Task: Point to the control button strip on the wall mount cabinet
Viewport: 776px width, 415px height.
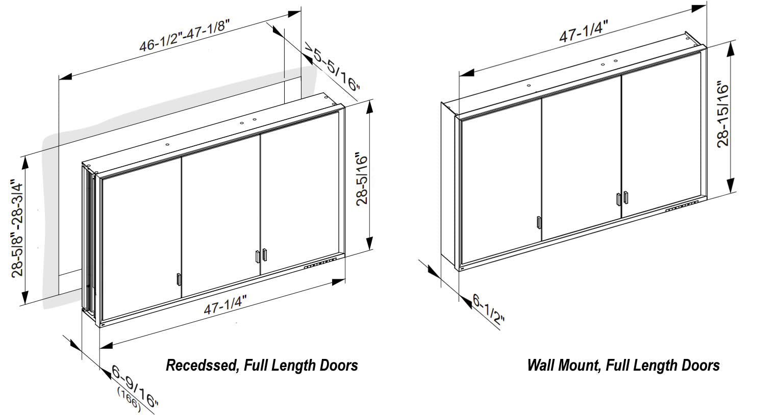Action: click(x=681, y=206)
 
